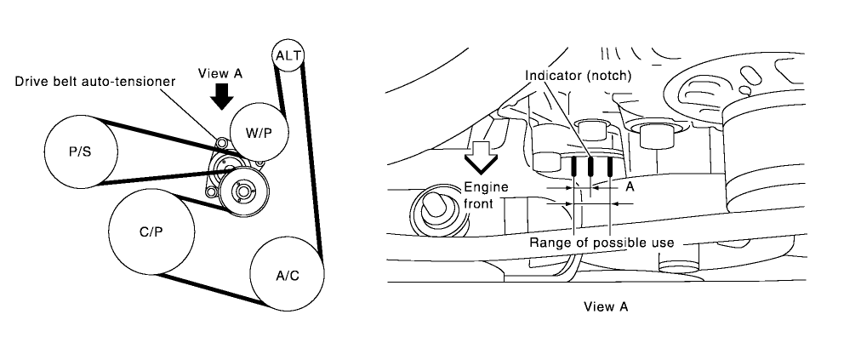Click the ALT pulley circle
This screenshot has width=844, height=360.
(x=283, y=56)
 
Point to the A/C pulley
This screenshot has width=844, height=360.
(x=286, y=274)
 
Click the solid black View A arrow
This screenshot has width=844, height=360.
(x=222, y=97)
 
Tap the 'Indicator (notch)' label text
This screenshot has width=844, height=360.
(x=578, y=76)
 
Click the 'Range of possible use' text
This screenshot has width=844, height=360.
(x=602, y=243)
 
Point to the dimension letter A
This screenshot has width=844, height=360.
(x=629, y=185)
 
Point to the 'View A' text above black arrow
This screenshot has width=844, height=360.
(x=220, y=73)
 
